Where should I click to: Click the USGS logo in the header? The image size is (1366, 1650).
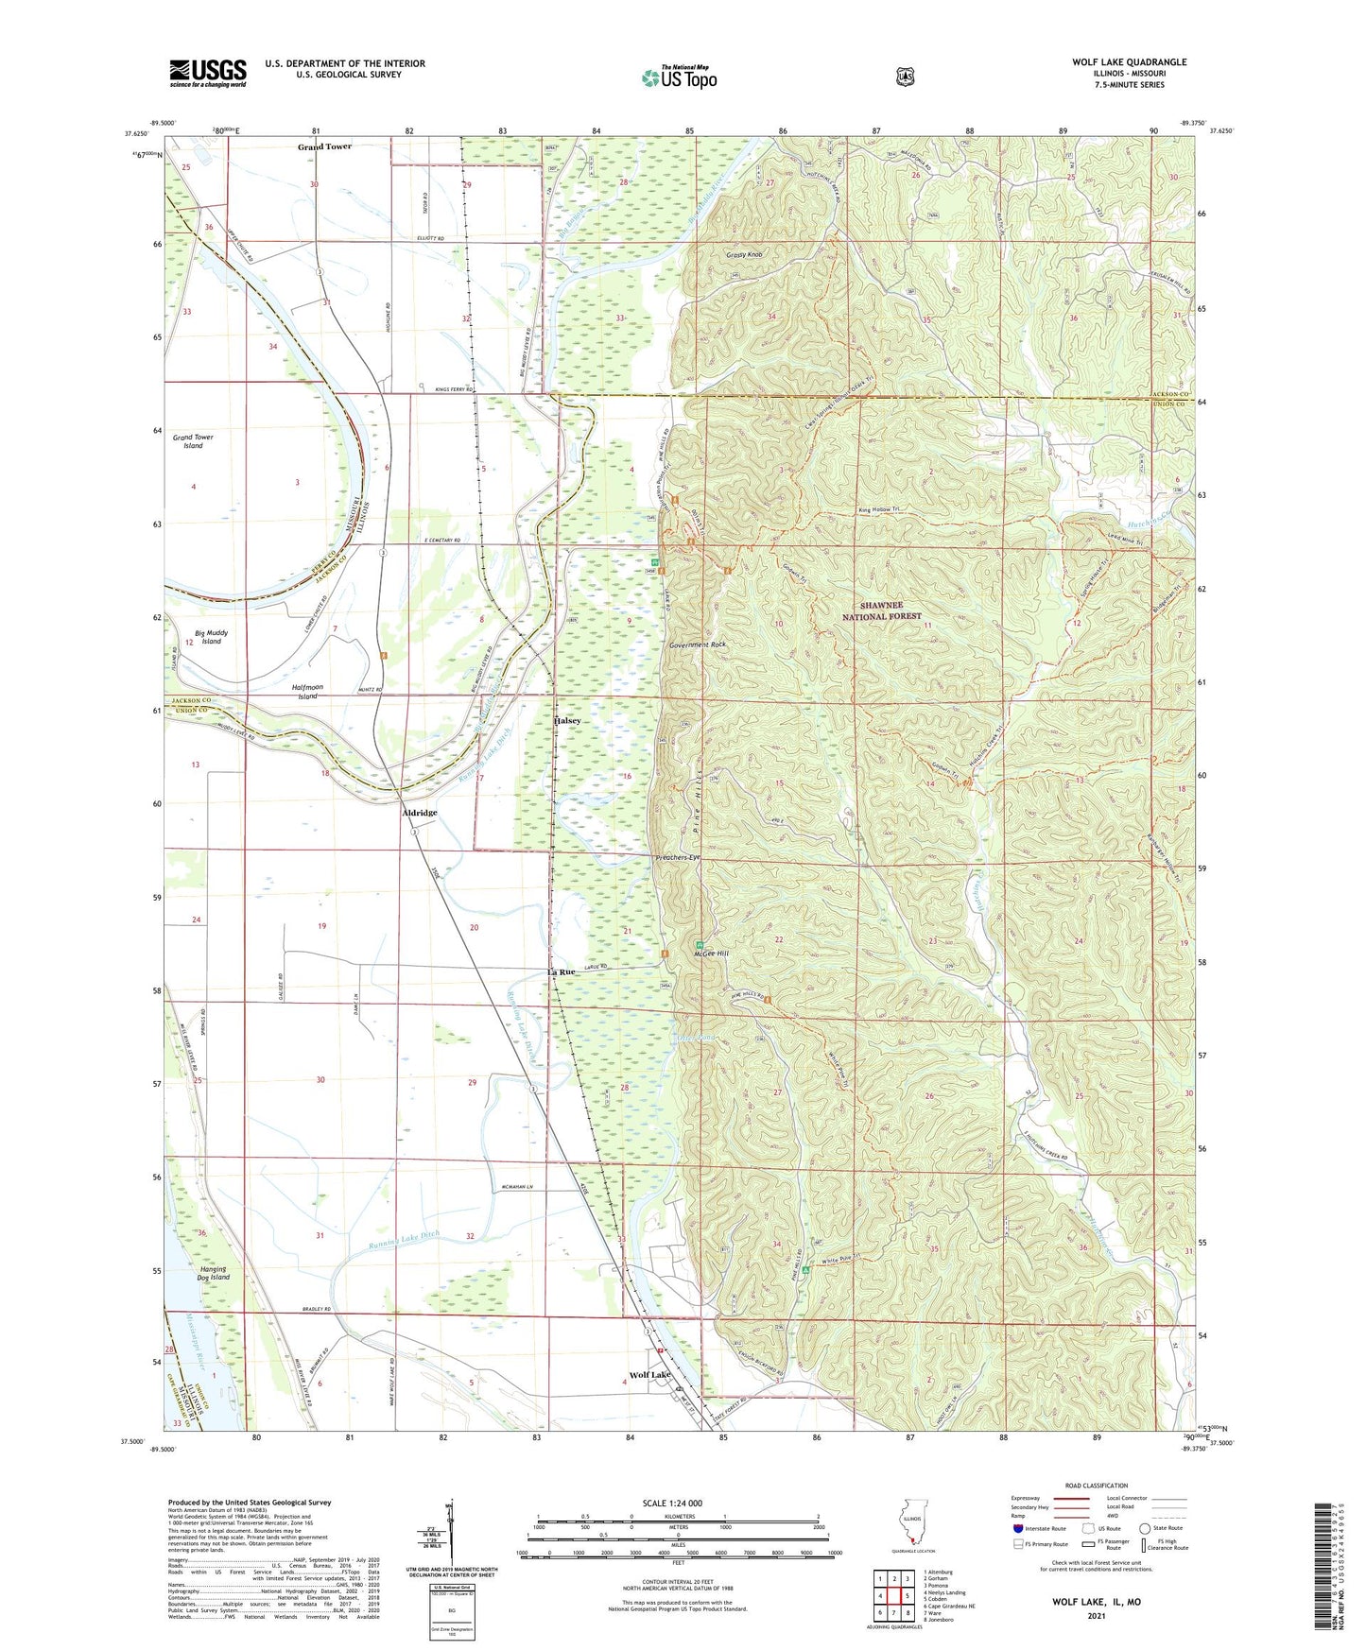[x=208, y=73]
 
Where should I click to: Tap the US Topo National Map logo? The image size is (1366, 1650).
[x=679, y=77]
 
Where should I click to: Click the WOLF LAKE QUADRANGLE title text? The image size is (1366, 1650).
[x=1129, y=62]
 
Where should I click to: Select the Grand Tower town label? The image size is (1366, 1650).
[x=324, y=147]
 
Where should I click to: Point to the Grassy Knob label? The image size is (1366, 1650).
[x=742, y=255]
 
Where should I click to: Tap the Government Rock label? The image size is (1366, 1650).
[x=697, y=645]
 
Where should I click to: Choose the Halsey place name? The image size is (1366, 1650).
[x=567, y=721]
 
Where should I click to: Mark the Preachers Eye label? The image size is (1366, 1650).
[x=678, y=857]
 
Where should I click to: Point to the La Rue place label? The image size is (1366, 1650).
[x=561, y=971]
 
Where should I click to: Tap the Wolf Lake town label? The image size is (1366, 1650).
[x=649, y=1375]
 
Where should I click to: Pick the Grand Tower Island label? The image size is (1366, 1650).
[x=193, y=441]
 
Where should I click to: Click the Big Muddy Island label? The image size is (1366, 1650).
[x=211, y=637]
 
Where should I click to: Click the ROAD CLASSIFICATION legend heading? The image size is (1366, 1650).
[x=1096, y=1486]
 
